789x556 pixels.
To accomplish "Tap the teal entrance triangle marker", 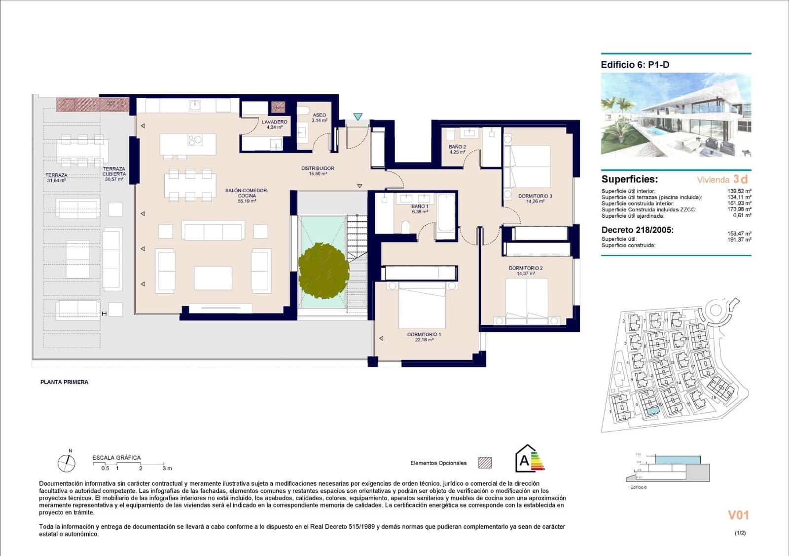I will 358,117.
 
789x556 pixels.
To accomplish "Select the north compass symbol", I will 67,463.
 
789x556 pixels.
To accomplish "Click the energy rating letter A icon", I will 525,460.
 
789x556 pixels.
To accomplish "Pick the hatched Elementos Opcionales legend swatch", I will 485,463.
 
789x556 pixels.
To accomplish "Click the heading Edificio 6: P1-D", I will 635,65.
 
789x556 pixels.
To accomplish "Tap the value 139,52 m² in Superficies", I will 739,191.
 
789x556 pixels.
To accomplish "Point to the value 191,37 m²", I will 739,239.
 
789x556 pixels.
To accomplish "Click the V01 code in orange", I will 738,515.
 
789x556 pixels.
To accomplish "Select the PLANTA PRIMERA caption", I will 64,382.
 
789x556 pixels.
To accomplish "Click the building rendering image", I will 676,115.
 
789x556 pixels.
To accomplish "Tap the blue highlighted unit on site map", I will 652,411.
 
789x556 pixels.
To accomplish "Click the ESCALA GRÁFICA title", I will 116,458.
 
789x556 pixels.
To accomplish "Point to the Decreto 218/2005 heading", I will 637,230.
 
